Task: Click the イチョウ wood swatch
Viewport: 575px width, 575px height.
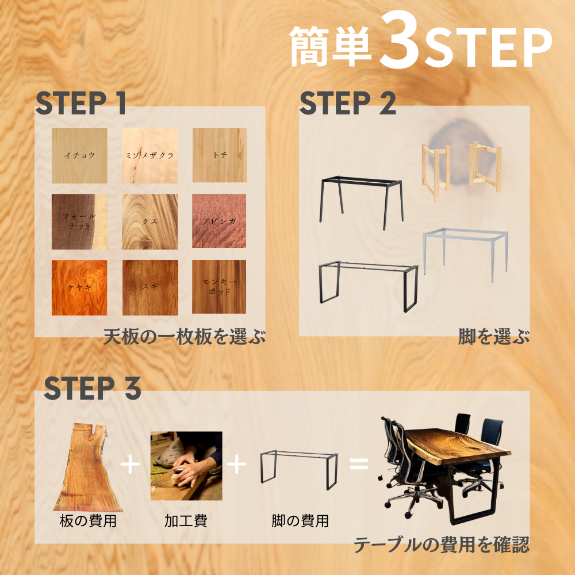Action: [x=79, y=155]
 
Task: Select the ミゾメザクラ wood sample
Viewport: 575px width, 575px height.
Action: [x=149, y=155]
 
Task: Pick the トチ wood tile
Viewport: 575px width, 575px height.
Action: [x=219, y=155]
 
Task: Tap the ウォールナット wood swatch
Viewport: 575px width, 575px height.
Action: [x=79, y=221]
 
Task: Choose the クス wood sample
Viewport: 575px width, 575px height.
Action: [x=149, y=221]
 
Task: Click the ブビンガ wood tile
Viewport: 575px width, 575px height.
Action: [x=219, y=221]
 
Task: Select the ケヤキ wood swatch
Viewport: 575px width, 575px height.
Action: [x=79, y=287]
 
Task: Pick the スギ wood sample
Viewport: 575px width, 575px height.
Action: [x=149, y=287]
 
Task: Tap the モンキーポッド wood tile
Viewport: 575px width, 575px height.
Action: [x=219, y=287]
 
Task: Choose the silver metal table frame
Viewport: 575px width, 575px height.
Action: [x=466, y=253]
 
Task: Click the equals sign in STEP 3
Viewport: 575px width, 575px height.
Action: [x=359, y=463]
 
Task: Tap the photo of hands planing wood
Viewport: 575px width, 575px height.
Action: [x=186, y=465]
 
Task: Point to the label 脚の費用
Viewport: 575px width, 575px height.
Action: [x=300, y=522]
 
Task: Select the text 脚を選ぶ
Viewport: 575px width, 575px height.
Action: [x=493, y=337]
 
